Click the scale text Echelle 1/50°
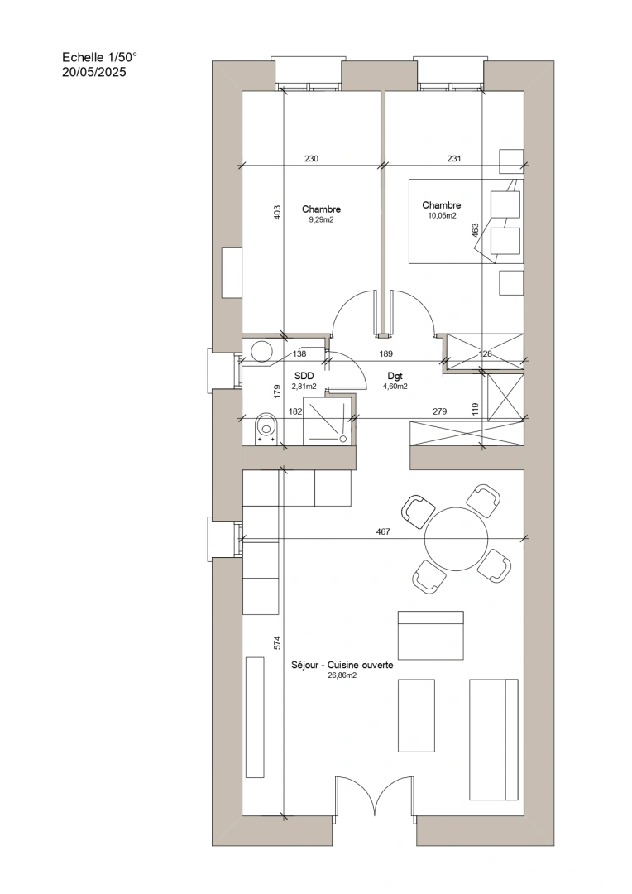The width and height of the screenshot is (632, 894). coord(100,58)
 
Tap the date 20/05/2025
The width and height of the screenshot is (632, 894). coord(94,72)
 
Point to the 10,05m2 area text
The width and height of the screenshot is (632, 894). coord(442,216)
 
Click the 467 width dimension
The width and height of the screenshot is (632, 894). coord(383,532)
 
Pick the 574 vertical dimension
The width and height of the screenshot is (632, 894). coord(277,642)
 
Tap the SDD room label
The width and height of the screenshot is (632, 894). coord(304,377)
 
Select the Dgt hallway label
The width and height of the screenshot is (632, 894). coord(395,377)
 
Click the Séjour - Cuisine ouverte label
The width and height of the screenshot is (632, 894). coord(342,665)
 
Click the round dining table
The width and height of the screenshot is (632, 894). coord(457,538)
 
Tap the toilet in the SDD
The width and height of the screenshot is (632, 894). coord(266,428)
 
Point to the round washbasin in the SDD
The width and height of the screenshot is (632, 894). coord(262,351)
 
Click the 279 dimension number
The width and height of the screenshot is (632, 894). coord(439,411)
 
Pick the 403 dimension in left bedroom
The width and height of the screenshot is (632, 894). coord(277,214)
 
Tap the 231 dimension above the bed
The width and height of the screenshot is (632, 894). coord(453,158)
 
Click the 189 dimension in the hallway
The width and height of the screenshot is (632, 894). coord(385,353)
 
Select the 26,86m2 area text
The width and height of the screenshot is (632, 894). coord(342,675)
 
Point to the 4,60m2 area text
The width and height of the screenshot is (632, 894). coord(395,386)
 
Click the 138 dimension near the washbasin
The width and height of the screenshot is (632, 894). coord(299,353)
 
